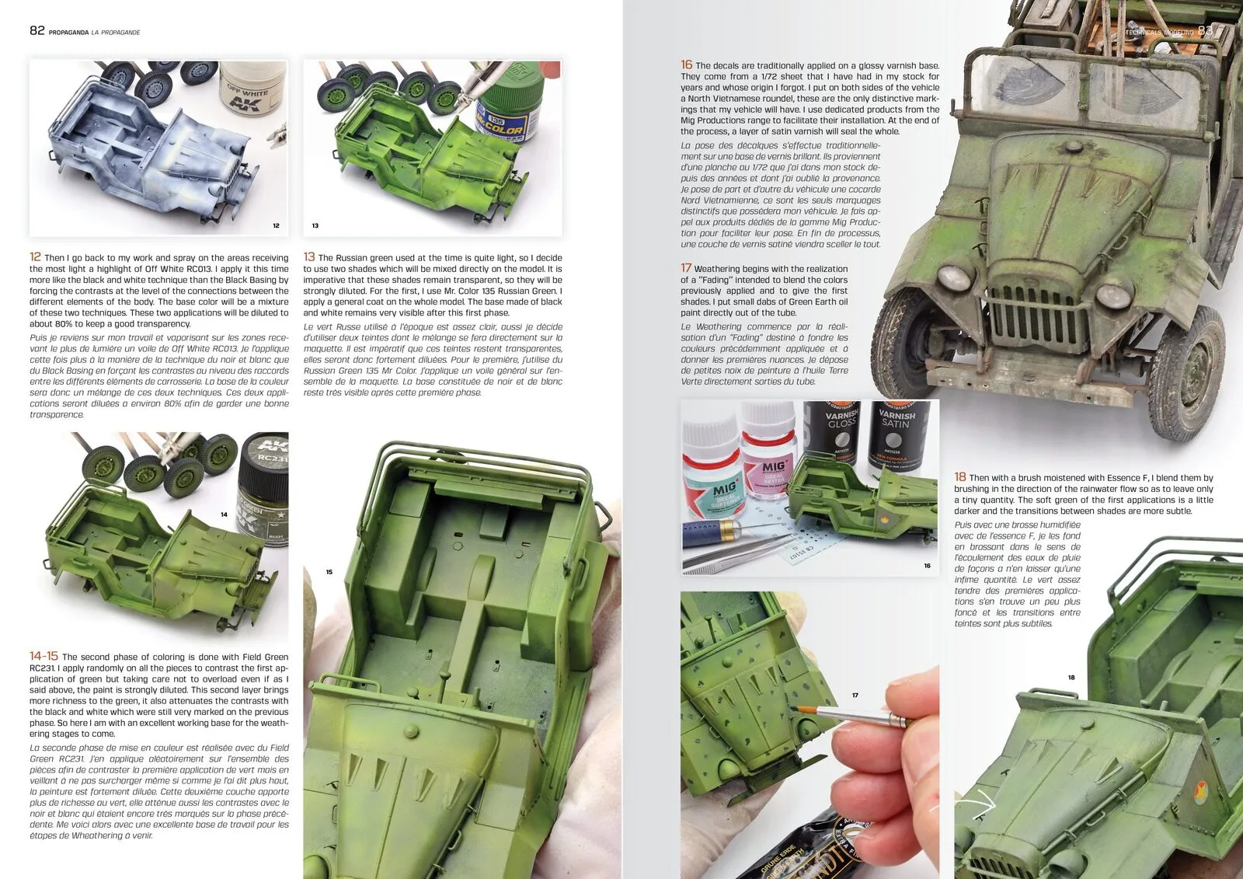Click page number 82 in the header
point(37,30)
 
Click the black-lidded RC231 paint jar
point(263,489)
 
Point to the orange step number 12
point(35,256)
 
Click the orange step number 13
point(309,256)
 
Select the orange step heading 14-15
point(44,656)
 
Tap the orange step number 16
point(687,65)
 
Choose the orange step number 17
point(686,267)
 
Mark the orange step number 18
point(960,476)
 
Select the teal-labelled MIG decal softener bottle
point(712,472)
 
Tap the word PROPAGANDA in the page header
point(69,32)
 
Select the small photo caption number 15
point(329,572)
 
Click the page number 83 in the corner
point(1205,30)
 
